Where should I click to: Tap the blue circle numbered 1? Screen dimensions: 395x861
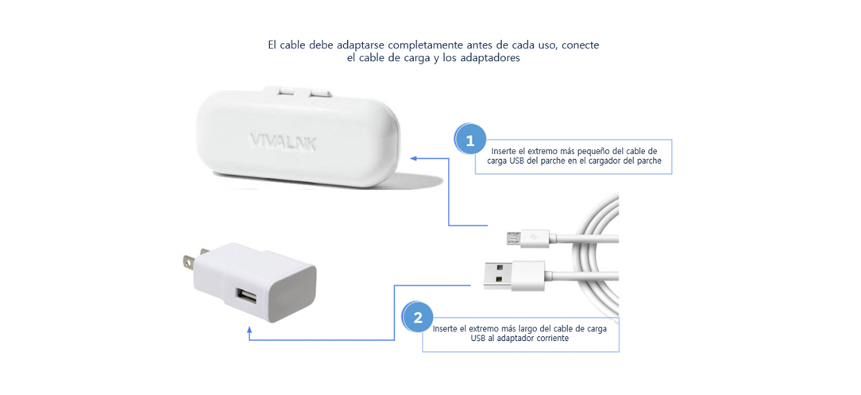click(x=469, y=141)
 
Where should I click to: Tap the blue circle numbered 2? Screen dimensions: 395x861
click(x=418, y=318)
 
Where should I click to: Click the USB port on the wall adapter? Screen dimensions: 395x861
click(x=245, y=297)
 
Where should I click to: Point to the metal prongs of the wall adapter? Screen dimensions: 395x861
click(x=189, y=261)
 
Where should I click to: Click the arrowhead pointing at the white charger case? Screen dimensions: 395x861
click(x=415, y=157)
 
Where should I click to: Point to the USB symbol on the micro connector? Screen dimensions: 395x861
click(x=533, y=236)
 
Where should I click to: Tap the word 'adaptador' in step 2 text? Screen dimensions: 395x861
click(x=508, y=338)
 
